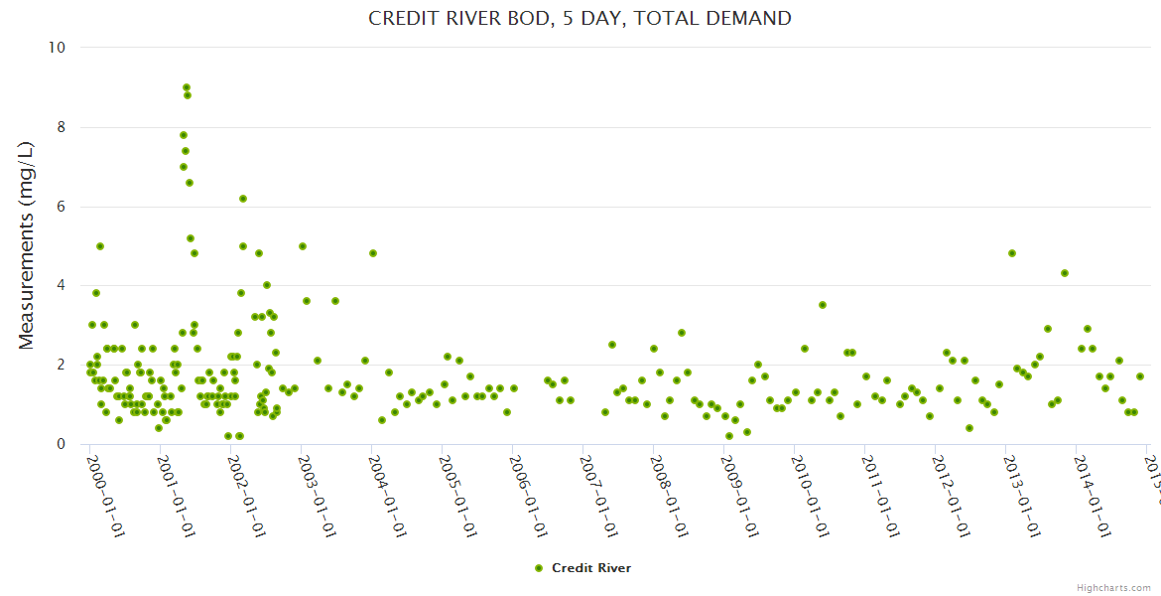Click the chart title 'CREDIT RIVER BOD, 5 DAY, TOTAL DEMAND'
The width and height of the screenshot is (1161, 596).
580,18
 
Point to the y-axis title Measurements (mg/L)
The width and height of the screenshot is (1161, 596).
27,244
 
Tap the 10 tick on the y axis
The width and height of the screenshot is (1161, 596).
57,48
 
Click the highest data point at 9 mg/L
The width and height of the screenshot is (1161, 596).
187,87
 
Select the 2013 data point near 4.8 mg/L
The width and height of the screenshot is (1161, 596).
1012,253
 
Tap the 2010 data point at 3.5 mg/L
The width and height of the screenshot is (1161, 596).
823,305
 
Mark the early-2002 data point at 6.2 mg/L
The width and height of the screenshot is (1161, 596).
243,199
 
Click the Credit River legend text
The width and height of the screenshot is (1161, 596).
591,568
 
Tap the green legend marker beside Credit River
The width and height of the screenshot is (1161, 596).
539,568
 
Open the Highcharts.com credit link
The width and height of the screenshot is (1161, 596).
1114,587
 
